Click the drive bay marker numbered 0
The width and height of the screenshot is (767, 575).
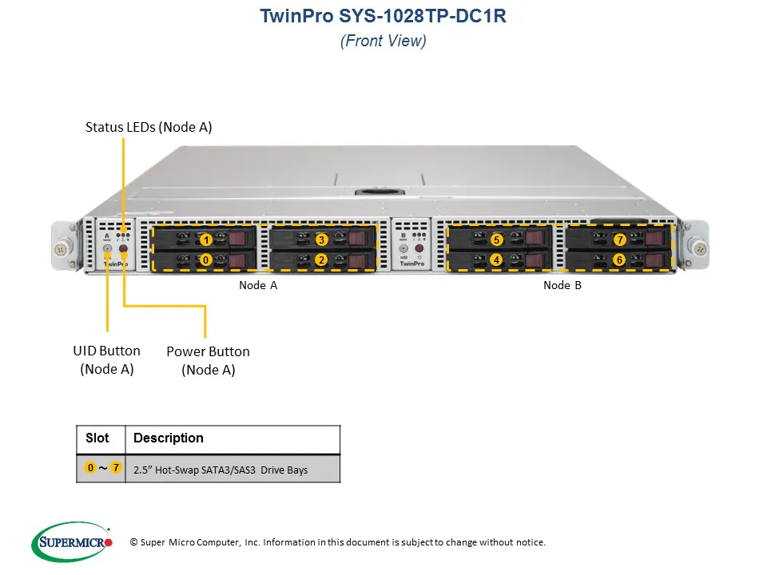[x=206, y=260]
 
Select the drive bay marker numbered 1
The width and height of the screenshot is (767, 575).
[x=206, y=240]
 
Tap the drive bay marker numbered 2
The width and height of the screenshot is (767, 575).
[x=321, y=260]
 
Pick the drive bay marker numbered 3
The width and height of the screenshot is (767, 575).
[x=321, y=240]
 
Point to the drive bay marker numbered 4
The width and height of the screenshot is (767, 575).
[x=496, y=260]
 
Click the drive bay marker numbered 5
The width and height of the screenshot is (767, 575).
[x=496, y=240]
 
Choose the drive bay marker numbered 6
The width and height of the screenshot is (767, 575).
[x=619, y=260]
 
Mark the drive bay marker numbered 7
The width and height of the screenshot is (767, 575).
[x=619, y=240]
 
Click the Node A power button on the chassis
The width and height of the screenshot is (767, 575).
[x=124, y=249]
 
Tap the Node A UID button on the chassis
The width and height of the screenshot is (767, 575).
[x=108, y=249]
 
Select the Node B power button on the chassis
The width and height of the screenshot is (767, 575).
[x=419, y=249]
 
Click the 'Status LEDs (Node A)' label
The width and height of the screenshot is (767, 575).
[x=149, y=127]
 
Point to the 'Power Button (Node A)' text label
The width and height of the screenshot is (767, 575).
[x=208, y=360]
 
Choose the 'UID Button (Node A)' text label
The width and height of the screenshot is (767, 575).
[x=106, y=359]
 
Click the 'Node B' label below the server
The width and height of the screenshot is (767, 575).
[x=562, y=285]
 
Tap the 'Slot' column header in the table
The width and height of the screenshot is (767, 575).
[x=97, y=438]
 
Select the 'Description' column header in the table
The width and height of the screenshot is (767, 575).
[x=168, y=438]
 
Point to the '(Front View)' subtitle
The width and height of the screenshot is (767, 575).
[x=383, y=42]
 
